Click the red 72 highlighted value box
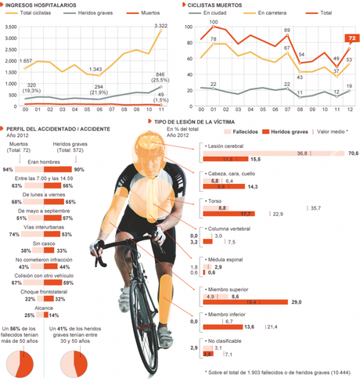tap(351, 38)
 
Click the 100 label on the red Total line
tap(214, 23)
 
